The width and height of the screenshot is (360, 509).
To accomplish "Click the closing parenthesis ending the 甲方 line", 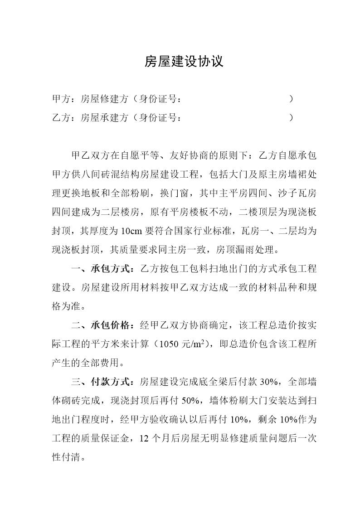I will tap(291, 99).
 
